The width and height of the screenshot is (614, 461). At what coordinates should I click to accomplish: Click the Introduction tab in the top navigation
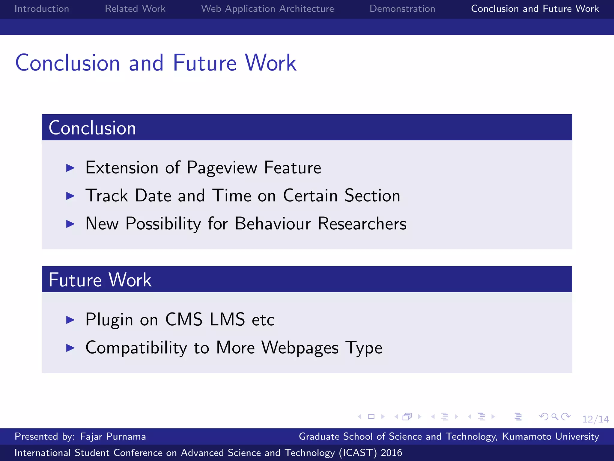tap(42, 9)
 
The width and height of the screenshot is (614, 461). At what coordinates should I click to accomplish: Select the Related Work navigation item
tap(135, 9)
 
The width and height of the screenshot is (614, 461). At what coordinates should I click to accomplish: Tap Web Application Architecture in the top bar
tap(267, 9)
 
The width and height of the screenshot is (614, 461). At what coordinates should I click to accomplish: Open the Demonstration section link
tap(402, 9)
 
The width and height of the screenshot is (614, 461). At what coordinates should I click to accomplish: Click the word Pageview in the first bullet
tap(222, 168)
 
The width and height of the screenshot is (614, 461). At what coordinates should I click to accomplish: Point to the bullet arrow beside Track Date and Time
tap(70, 196)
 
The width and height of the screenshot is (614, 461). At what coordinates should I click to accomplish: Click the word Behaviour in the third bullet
tap(273, 224)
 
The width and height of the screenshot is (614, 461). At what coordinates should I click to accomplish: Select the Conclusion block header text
tap(92, 128)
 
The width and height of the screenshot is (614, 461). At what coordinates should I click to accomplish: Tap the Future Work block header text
tap(100, 280)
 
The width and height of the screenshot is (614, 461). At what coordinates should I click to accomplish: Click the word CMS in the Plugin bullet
tap(184, 319)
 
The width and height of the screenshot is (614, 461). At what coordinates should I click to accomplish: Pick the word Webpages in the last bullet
tap(300, 348)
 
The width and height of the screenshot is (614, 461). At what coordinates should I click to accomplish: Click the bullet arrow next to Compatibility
tap(70, 348)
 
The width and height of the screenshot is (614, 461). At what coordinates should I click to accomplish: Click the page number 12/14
tap(595, 419)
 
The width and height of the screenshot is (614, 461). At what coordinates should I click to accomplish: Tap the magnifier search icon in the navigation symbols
tap(555, 417)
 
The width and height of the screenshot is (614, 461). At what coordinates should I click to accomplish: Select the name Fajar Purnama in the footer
tap(113, 436)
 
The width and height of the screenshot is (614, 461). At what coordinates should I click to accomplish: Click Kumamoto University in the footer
tap(550, 436)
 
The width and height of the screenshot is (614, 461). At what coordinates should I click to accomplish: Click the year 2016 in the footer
tap(391, 453)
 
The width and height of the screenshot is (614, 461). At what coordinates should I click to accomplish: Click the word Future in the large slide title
tap(205, 63)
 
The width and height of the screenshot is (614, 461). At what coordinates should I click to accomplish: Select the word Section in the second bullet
tap(372, 196)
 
